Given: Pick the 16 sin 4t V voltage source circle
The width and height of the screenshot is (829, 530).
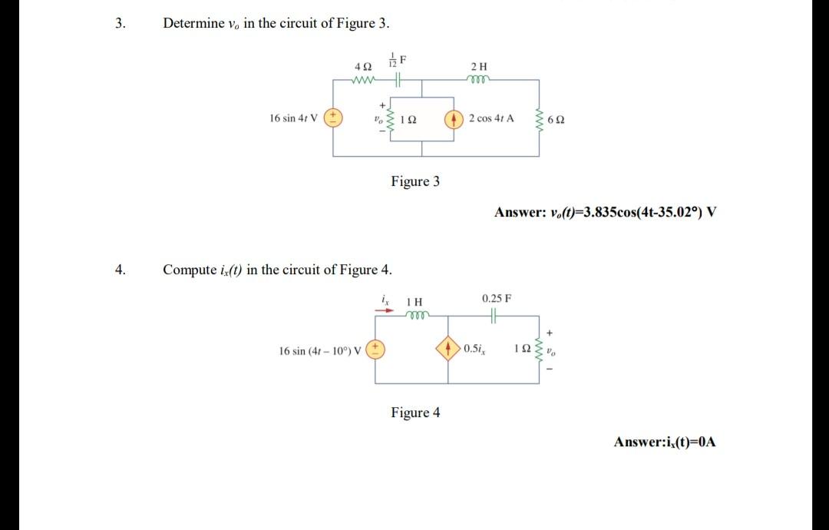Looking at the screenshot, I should click(334, 118).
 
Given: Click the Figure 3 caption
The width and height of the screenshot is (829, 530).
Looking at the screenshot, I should click(415, 181).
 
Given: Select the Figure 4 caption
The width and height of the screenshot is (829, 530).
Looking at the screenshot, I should click(415, 412).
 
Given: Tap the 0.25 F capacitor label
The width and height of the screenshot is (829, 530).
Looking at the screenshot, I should click(497, 297).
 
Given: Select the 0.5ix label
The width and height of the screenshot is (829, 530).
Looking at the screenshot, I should click(474, 350).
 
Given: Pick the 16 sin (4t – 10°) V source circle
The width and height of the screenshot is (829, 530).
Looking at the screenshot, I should click(376, 350).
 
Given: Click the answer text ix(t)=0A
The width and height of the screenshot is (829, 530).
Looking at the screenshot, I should click(665, 442).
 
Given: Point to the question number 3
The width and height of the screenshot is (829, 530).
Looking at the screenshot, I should click(119, 23).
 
